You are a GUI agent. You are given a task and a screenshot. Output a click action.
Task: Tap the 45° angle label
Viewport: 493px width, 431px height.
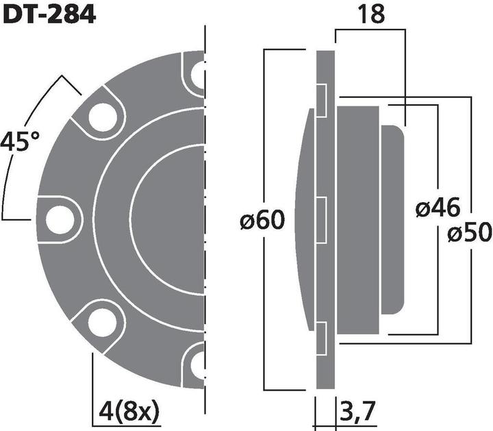tap(19, 143)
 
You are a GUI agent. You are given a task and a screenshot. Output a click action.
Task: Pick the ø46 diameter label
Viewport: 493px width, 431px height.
tap(438, 208)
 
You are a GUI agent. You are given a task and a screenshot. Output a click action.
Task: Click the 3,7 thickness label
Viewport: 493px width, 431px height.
tap(357, 413)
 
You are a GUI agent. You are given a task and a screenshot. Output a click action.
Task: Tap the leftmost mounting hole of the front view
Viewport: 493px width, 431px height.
tap(60, 219)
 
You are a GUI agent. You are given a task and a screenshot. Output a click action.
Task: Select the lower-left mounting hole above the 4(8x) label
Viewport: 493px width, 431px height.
tap(101, 321)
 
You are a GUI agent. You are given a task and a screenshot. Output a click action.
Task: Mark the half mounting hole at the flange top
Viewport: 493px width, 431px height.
tap(198, 74)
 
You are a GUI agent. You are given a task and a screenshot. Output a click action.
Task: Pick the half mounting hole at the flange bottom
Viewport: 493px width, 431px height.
tap(198, 362)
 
